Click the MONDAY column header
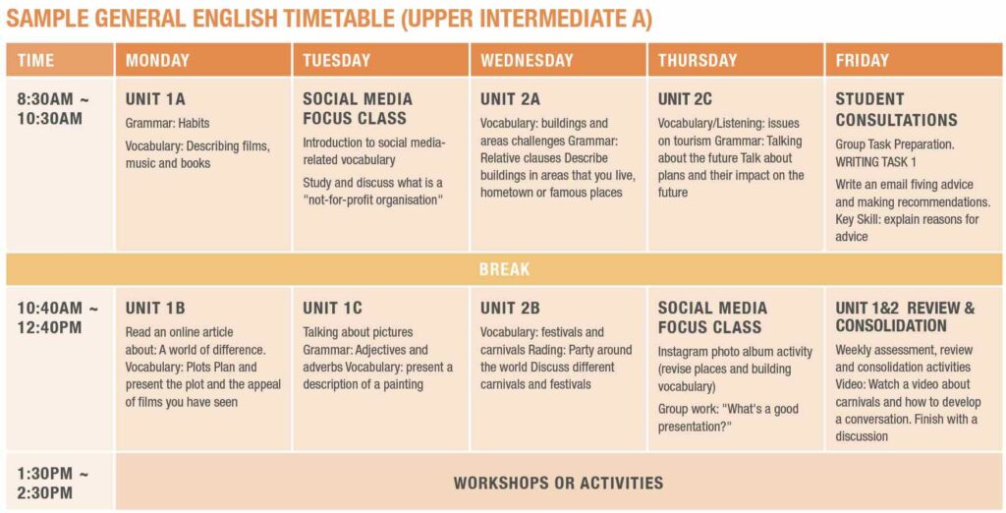(157, 61)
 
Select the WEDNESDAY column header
(527, 61)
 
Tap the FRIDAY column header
(862, 61)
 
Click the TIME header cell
(36, 61)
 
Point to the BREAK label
(504, 269)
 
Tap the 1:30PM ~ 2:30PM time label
(53, 484)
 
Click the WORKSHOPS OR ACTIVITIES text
(558, 483)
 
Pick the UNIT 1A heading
(155, 99)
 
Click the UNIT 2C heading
(685, 99)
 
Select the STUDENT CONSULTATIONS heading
(896, 110)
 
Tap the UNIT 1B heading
(155, 309)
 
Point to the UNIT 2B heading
(510, 309)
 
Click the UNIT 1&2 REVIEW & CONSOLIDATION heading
(905, 317)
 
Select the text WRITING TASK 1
(875, 162)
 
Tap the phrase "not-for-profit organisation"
(373, 199)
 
